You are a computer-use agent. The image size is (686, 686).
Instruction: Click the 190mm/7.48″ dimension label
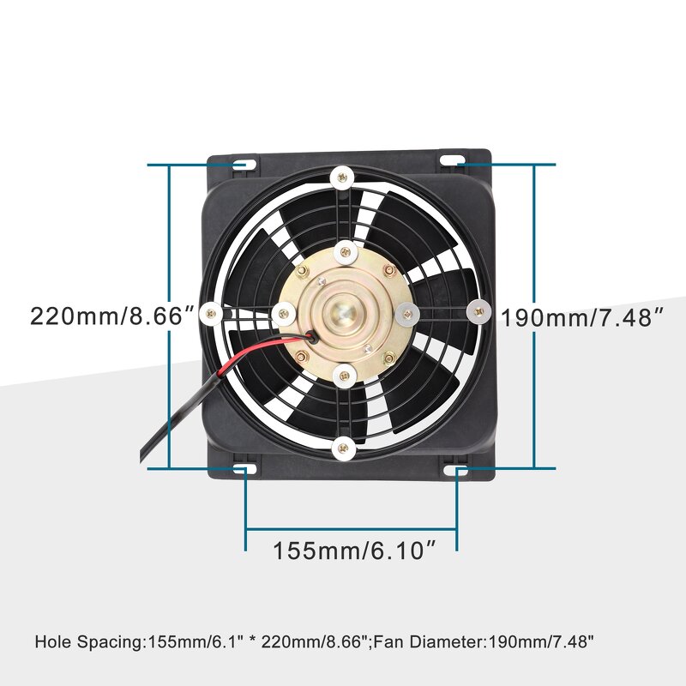[x=583, y=317]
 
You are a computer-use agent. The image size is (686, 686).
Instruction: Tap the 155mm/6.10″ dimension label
[x=350, y=550]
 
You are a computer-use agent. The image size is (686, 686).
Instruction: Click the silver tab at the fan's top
[x=342, y=178]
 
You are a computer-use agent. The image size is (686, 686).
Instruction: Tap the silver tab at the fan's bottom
[x=343, y=448]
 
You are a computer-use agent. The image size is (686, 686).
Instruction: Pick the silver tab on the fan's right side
[x=478, y=312]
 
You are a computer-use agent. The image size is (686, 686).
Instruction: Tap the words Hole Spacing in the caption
[x=91, y=641]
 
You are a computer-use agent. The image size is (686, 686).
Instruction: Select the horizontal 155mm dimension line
[x=351, y=526]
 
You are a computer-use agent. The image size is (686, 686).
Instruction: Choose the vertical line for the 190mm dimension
[x=535, y=257]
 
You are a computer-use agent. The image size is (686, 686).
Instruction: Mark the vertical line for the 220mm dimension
[x=169, y=394]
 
